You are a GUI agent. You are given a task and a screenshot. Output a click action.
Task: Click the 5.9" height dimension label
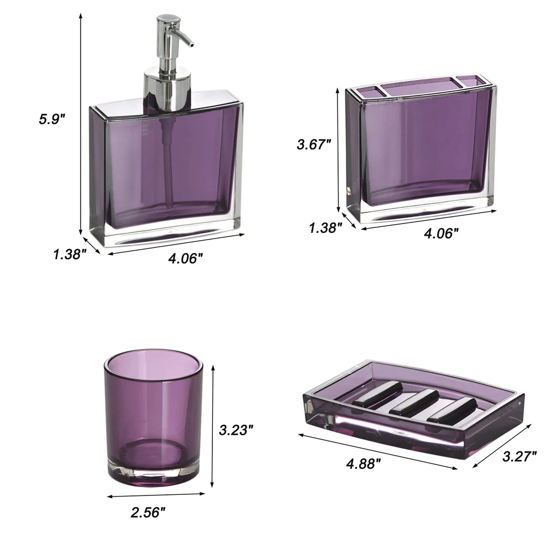(x=52, y=119)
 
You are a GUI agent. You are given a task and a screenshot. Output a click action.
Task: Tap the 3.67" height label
(x=314, y=145)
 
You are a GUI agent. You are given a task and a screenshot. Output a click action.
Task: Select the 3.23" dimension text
(x=236, y=430)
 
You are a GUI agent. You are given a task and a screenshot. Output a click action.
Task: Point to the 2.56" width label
(x=148, y=512)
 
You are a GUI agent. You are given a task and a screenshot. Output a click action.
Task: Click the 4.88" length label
(x=364, y=464)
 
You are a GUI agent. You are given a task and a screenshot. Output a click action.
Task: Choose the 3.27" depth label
(x=519, y=456)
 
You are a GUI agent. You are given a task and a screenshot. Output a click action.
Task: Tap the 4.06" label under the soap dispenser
(x=186, y=259)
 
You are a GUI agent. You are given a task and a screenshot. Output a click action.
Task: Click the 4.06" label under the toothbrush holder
(x=441, y=233)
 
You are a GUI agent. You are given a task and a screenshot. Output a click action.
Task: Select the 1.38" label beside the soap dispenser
(x=70, y=254)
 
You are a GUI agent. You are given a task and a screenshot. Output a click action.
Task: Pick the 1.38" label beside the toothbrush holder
(x=325, y=227)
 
